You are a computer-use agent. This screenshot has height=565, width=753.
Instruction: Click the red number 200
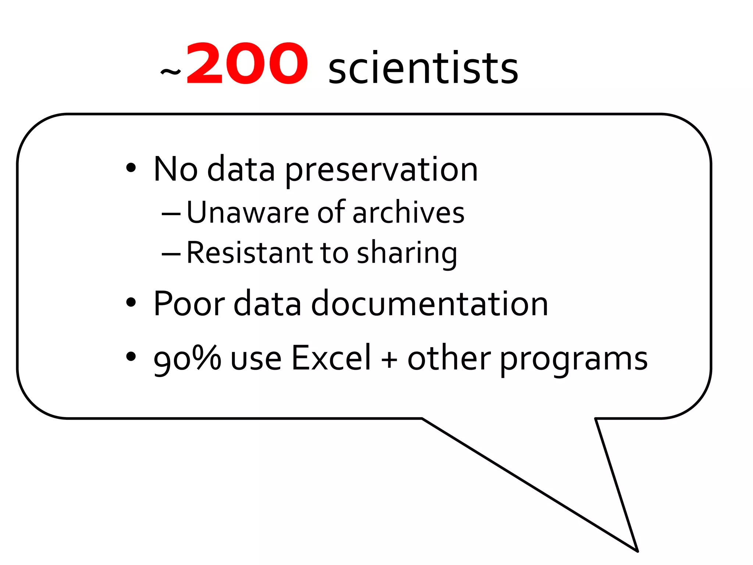(246, 64)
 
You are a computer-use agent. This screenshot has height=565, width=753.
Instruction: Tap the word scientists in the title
(423, 68)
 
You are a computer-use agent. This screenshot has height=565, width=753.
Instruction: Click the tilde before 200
(171, 71)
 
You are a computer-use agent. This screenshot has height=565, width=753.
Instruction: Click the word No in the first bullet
(175, 169)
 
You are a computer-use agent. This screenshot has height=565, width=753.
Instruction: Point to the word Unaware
(248, 213)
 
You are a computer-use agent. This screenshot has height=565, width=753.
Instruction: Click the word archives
(408, 213)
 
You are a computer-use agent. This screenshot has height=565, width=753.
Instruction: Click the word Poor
(189, 303)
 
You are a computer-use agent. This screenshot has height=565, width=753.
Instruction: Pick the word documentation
(429, 303)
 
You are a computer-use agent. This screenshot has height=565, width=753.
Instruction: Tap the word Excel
(331, 358)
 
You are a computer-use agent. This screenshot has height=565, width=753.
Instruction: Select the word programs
(573, 360)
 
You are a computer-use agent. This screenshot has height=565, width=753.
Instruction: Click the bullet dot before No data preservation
(131, 168)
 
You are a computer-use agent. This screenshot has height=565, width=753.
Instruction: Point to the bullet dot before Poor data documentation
(131, 302)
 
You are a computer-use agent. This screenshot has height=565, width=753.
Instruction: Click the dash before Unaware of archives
(171, 213)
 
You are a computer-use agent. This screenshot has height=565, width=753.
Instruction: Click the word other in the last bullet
(449, 358)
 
